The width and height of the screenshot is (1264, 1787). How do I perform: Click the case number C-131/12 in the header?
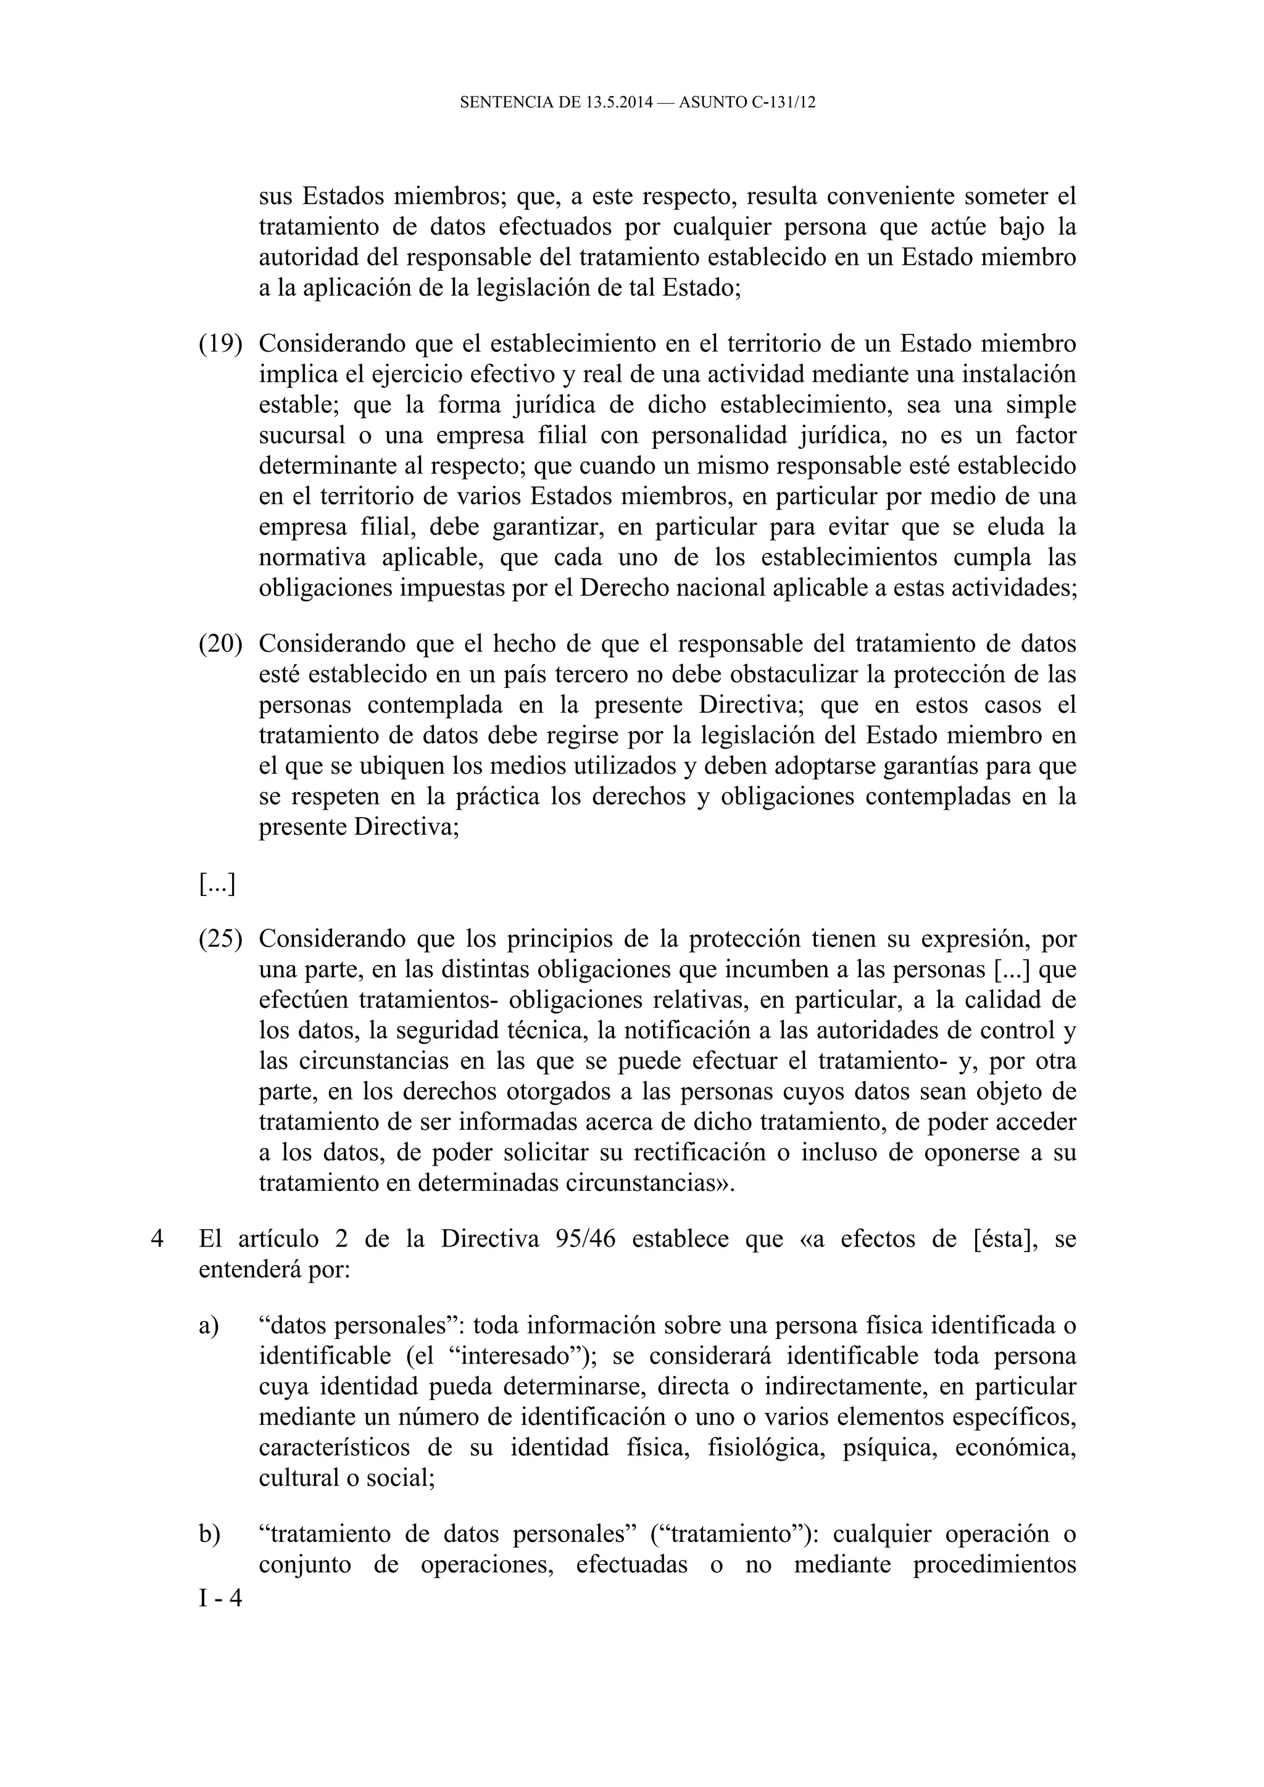784,102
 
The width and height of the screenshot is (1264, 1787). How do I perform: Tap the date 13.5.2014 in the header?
617,102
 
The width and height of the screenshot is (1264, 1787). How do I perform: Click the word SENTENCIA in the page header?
498,102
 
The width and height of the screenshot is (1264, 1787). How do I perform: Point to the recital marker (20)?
220,644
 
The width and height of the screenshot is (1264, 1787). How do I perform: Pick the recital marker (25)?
220,939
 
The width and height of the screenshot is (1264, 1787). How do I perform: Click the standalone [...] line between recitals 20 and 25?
217,884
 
